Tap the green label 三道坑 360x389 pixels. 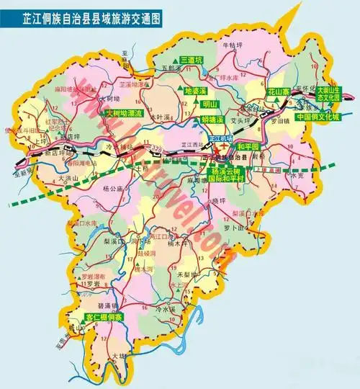click(193, 60)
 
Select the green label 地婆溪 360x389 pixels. click(195, 92)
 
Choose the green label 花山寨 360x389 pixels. click(278, 92)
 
